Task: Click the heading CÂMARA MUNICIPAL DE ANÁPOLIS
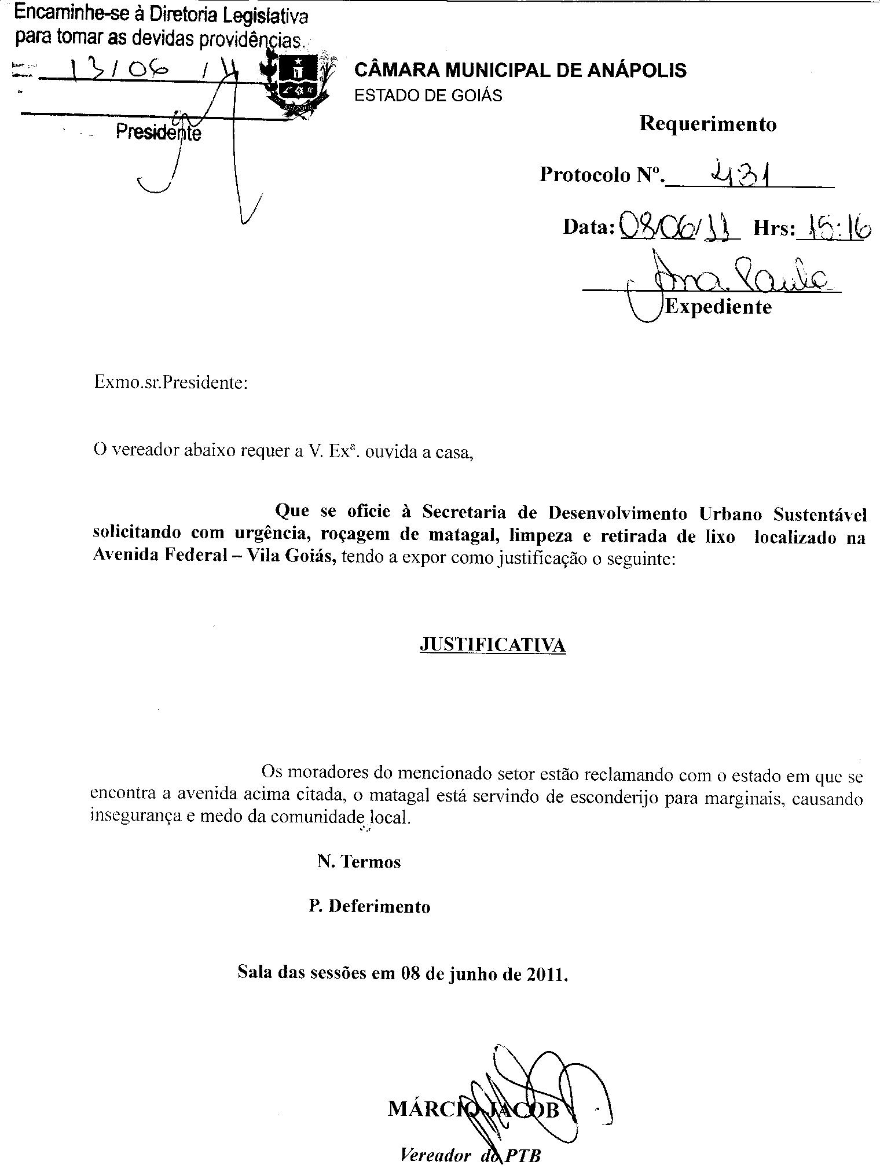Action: (520, 71)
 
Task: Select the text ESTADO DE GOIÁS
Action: (428, 95)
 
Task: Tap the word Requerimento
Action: (707, 124)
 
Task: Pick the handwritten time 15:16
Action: (834, 229)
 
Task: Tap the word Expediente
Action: (718, 307)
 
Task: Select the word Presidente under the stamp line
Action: (159, 133)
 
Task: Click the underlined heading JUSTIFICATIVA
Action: (492, 645)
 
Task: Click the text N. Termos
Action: (359, 862)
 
